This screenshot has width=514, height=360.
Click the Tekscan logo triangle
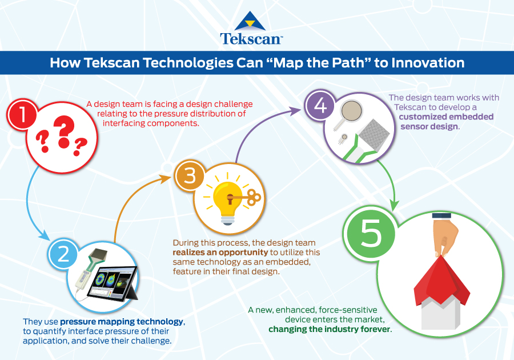tap(250, 21)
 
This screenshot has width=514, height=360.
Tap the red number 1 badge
tap(22, 115)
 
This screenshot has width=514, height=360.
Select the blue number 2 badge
tap(63, 254)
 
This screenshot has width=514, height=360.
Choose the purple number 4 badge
tap(320, 106)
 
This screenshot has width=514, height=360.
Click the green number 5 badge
tap(371, 232)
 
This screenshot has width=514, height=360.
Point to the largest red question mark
tap(64, 131)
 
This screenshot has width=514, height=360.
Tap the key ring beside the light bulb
tap(254, 197)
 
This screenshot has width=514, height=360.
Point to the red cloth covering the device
tap(441, 281)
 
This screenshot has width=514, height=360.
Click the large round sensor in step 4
tap(351, 110)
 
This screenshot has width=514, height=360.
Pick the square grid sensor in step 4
tap(374, 134)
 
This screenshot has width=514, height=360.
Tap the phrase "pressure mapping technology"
tap(122, 322)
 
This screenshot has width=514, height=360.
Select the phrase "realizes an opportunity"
tap(220, 252)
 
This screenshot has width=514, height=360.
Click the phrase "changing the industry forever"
tap(330, 329)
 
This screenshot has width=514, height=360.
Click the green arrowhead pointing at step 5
tap(395, 205)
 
